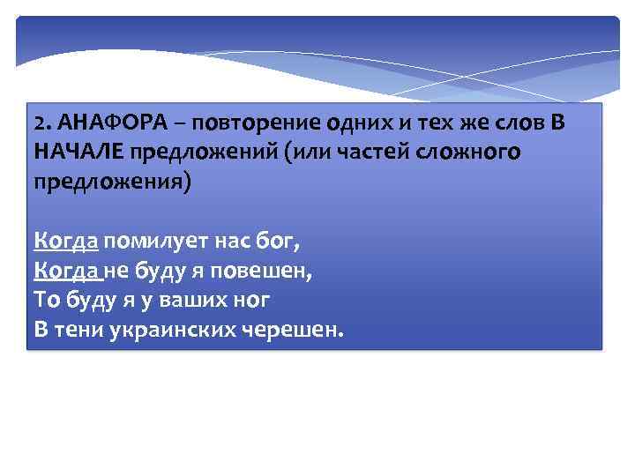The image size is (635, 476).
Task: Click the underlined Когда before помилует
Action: pyautogui.click(x=66, y=240)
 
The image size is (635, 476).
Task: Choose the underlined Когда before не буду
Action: pyautogui.click(x=67, y=270)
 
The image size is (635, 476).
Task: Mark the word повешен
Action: pyautogui.click(x=265, y=270)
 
